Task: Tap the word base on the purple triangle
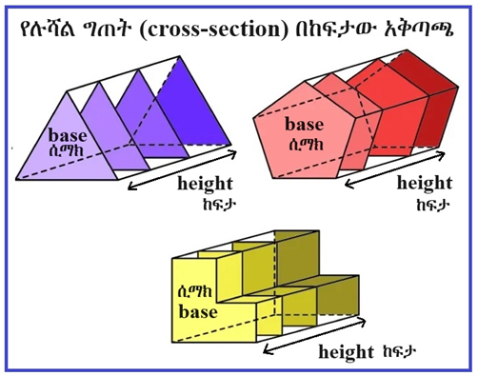[x=68, y=136]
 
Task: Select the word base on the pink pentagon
[x=305, y=125]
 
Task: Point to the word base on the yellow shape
[x=198, y=311]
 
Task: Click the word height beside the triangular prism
[x=205, y=184]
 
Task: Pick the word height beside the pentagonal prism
[x=425, y=183]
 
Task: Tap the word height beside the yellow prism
[x=347, y=352]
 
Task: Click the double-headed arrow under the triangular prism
[x=182, y=170]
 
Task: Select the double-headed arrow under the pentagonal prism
[x=394, y=170]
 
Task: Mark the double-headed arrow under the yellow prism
[x=314, y=336]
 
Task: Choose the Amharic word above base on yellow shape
[x=195, y=292]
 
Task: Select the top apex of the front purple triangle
[x=68, y=92]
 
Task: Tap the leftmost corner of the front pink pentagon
[x=253, y=119]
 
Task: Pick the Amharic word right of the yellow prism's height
[x=400, y=351]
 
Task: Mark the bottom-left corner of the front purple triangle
[x=16, y=180]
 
